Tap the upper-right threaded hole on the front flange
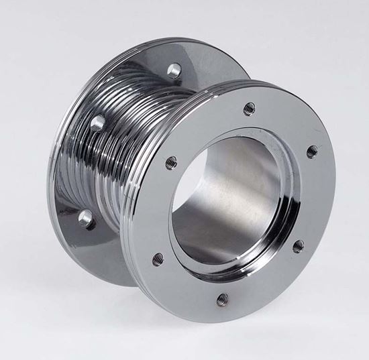pos(312,152)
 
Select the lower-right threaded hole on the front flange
pos(298,246)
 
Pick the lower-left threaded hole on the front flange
pos(158,259)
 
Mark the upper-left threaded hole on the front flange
pos(172,162)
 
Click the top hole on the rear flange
pos(174,69)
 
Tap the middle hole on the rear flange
pos(98,123)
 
